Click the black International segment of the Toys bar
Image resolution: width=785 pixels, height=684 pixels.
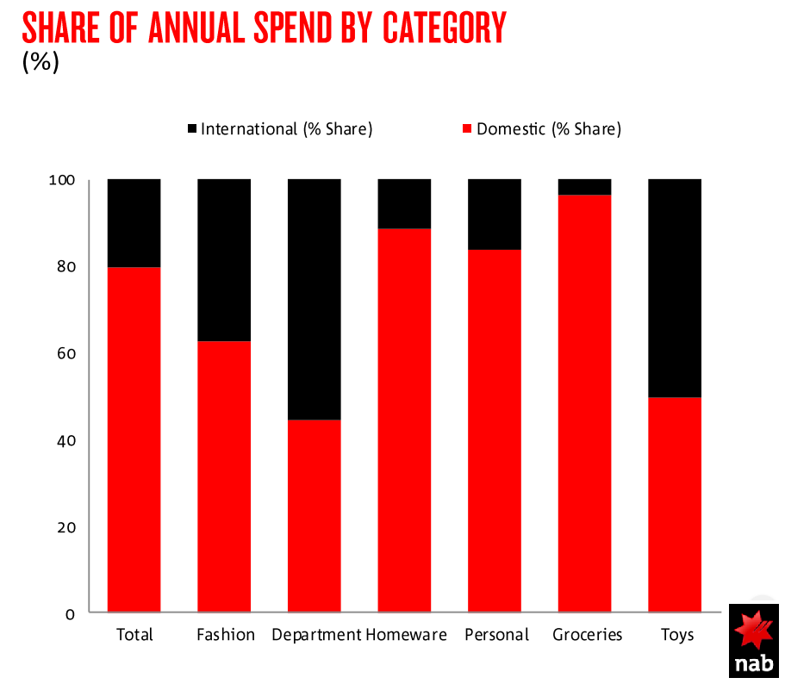[x=674, y=288]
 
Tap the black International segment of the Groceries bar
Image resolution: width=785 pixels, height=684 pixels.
[x=584, y=187]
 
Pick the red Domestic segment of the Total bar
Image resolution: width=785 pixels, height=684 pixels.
[x=134, y=439]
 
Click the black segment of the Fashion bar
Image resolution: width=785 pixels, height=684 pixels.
[x=224, y=259]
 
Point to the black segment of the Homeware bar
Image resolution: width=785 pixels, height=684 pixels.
[x=404, y=203]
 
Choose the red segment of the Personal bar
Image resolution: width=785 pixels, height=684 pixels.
[x=494, y=431]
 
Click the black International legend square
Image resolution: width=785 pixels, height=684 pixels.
[x=191, y=129]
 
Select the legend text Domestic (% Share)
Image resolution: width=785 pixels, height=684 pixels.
[x=548, y=129]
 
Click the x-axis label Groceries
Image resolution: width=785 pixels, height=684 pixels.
[x=587, y=635]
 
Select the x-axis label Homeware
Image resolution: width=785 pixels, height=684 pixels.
[x=406, y=635]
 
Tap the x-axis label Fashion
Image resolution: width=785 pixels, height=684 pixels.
[x=226, y=635]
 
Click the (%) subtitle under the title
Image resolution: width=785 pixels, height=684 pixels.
[x=40, y=63]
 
